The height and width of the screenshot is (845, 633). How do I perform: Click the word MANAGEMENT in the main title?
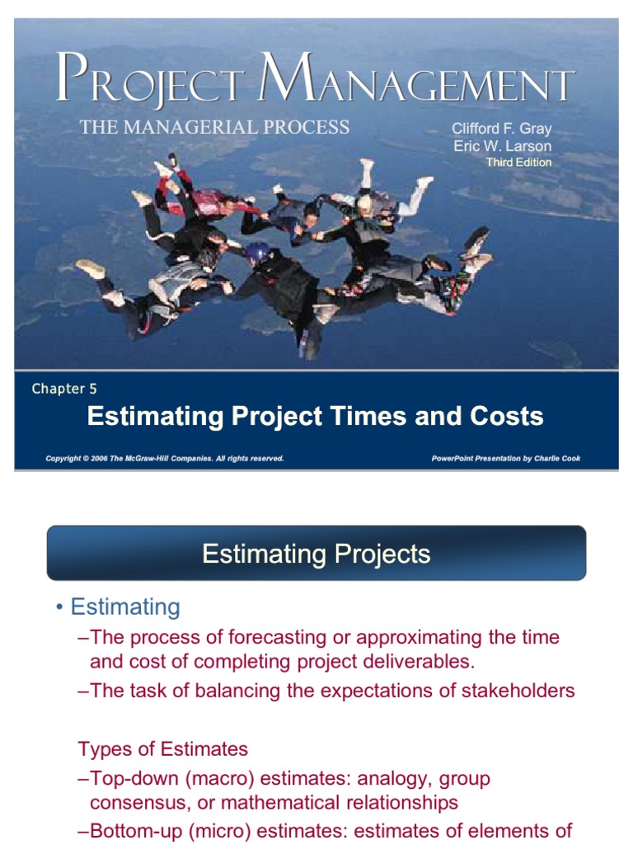point(416,78)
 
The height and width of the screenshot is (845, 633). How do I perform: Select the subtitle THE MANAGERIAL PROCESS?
point(215,127)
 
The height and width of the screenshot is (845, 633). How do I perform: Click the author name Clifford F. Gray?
point(502,129)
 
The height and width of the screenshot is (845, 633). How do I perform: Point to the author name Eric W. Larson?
point(503,146)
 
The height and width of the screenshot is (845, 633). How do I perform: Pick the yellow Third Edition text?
point(519,163)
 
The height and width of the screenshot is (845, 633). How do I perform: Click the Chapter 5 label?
point(64,389)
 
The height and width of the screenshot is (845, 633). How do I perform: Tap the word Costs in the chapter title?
point(507,416)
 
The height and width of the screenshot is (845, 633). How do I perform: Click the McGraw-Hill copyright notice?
point(165,459)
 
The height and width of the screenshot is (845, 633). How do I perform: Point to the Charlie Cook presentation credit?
point(506,459)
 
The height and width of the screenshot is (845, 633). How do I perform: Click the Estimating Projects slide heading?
point(316,554)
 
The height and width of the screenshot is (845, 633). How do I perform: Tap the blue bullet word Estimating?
point(125,607)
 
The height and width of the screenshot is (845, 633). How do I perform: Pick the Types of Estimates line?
point(163,749)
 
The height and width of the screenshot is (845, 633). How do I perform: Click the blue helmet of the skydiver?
point(257,253)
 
